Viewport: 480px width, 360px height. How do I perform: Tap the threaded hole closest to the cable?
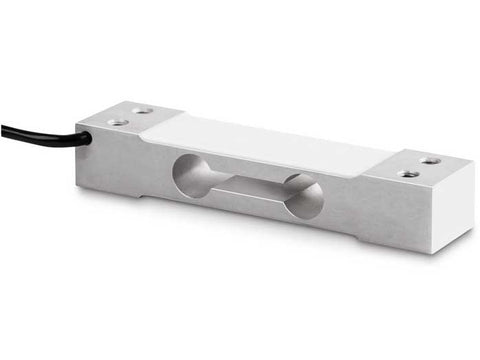coord(118,122)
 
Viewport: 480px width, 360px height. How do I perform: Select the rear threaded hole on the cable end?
coord(143,111)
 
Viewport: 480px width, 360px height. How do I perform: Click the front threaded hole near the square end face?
coord(408,174)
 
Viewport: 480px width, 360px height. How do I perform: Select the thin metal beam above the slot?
coord(250,169)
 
